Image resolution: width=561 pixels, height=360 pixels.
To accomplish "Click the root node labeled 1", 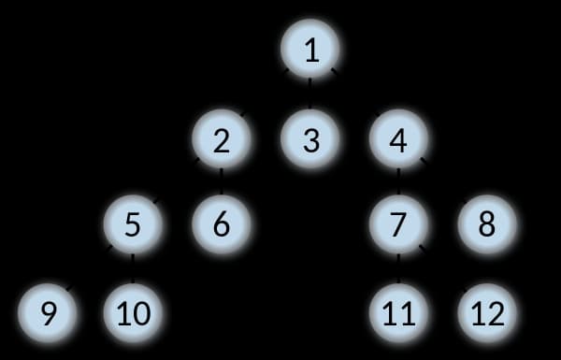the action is pos(311,50).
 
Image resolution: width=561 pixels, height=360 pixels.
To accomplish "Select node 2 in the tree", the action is pos(222,140).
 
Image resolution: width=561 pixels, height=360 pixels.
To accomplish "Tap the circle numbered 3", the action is pos(311,140).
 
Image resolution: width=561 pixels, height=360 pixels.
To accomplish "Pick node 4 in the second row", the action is pos(399,140).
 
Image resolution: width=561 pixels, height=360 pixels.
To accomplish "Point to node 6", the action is pos(222,224).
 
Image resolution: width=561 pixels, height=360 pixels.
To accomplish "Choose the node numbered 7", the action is pos(399,224).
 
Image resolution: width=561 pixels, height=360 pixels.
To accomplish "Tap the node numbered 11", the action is pos(399,311).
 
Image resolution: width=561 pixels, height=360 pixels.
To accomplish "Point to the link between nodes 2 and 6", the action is pos(222,182).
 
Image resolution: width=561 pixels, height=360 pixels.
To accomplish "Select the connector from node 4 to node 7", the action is pos(399,182).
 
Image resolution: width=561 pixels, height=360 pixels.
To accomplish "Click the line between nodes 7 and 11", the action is pos(399,268).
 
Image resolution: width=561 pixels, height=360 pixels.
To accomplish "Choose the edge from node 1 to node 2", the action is pos(266,94).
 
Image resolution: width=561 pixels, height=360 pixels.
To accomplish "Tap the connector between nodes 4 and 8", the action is pos(443,182).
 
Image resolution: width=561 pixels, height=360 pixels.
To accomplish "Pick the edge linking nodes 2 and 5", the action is pos(177,182).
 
